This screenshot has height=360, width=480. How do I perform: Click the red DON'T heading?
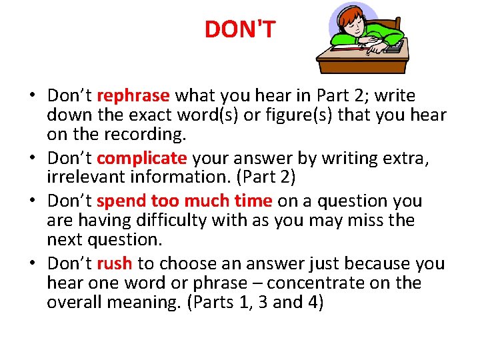[239, 29]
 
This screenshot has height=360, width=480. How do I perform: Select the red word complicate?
[141, 158]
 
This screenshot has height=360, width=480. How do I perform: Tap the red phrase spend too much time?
[184, 201]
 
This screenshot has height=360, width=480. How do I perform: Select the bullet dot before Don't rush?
[33, 265]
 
